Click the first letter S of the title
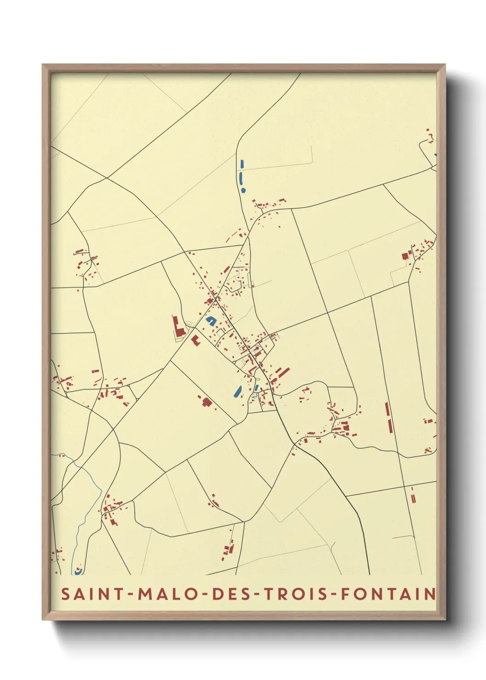tap(66, 594)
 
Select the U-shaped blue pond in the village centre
tap(211, 320)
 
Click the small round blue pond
tap(243, 189)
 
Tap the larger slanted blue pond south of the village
tap(237, 391)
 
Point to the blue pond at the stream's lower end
tap(78, 571)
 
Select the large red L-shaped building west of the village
tap(177, 327)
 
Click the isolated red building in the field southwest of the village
tap(207, 402)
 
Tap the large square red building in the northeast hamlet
tap(405, 256)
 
